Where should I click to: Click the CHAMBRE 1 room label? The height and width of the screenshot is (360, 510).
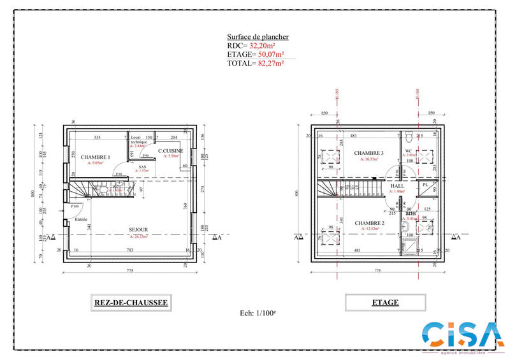pos(96,157)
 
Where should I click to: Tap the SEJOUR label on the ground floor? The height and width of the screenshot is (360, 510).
pos(138,229)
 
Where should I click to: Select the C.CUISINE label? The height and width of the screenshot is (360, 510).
pos(171,151)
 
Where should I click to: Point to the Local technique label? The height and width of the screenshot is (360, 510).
pos(139,140)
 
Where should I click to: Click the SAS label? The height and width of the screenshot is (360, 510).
pos(143,167)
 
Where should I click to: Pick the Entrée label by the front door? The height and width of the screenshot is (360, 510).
pos(81,219)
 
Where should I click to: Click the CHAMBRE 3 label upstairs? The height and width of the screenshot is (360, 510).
pos(369,153)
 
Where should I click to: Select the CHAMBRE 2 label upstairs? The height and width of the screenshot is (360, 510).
pos(369,223)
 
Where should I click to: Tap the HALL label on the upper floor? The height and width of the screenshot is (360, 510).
pos(398,185)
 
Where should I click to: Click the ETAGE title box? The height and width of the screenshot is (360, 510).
pos(385,303)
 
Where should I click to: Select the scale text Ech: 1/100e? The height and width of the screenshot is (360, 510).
pos(254,313)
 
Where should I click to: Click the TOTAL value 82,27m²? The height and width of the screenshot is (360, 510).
pos(270,63)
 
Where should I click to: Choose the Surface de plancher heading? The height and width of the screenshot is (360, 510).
pos(258,37)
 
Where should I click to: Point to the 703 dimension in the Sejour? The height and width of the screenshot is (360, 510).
pos(130,250)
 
